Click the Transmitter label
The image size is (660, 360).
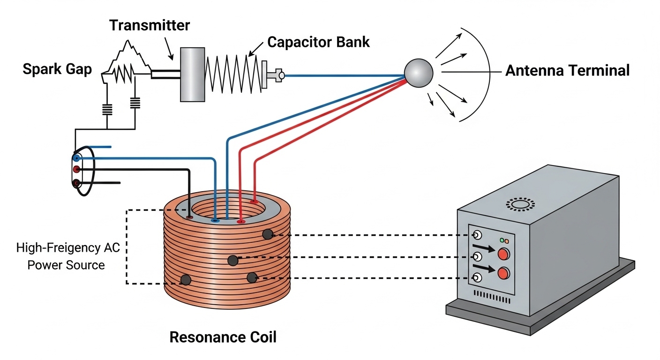coord(150,25)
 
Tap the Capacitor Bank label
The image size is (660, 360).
coord(318,42)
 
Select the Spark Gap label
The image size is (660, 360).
coord(57,69)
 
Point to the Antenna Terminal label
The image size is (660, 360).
coord(568,71)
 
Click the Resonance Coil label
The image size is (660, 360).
coord(223,337)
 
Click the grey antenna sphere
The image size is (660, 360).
coord(419,73)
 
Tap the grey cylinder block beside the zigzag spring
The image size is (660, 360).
coord(192,75)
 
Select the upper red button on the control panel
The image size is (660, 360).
coord(503,254)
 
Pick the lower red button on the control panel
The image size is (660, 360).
coord(503,273)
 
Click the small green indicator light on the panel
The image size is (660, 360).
coord(502,240)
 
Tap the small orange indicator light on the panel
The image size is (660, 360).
coord(507,241)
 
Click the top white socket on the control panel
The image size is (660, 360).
coord(477,235)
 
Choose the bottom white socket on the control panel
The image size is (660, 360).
coord(477,277)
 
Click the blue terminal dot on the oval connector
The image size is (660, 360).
coord(76,158)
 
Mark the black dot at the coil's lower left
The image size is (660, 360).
coord(186,280)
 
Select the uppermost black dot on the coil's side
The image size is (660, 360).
coord(268,234)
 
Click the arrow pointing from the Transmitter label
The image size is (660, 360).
coord(169,49)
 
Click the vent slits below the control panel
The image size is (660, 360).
coord(492,297)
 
